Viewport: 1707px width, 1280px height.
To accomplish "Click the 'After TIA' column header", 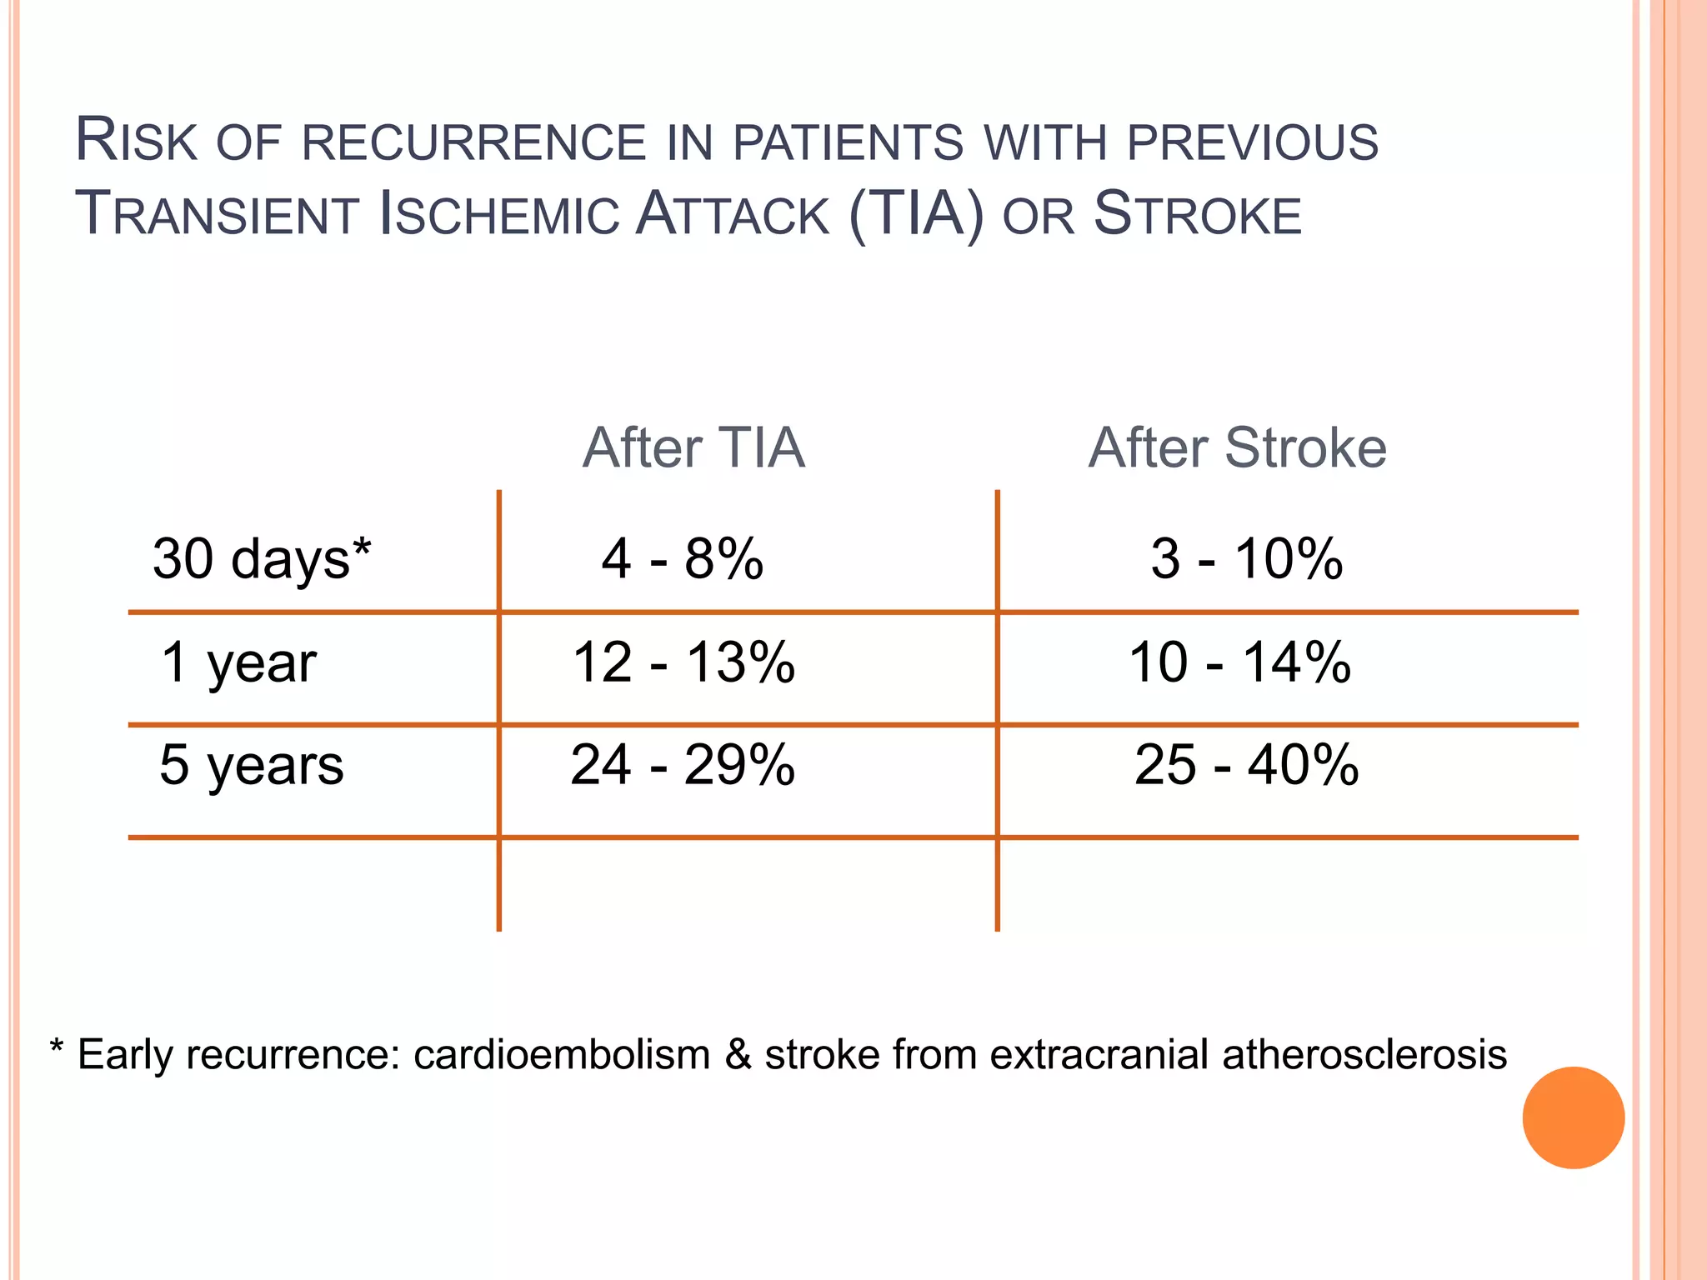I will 693,448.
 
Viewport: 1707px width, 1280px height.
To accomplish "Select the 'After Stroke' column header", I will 1237,448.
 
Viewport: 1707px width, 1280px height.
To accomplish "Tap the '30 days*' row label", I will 262,558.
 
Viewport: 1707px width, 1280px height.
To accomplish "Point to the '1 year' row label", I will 238,662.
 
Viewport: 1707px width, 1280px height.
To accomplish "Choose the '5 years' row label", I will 251,765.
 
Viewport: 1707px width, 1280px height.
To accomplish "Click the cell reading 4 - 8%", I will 682,558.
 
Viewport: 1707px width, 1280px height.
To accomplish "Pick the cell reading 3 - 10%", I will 1246,558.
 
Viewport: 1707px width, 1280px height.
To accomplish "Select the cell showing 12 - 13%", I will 683,662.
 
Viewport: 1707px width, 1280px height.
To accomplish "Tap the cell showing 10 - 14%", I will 1239,662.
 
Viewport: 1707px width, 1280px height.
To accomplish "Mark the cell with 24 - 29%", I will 683,765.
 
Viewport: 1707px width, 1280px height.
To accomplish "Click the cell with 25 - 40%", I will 1246,765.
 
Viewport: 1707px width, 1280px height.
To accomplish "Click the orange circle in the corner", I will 1573,1117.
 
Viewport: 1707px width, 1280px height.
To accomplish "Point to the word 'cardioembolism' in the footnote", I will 561,1055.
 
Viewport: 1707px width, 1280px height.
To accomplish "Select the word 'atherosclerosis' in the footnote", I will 1364,1055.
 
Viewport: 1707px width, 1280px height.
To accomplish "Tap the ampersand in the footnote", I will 738,1055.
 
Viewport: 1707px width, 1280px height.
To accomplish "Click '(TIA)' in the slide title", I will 916,214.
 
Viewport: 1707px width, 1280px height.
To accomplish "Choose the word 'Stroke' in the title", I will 1197,214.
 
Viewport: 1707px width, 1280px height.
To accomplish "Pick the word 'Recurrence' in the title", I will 473,142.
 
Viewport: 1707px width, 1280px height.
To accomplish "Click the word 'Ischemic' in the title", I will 498,214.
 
